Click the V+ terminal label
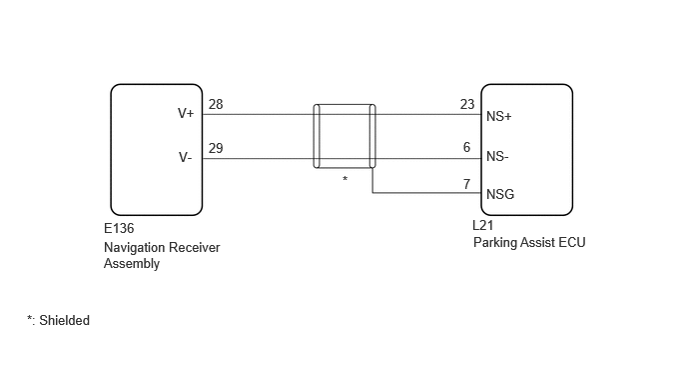coord(186,113)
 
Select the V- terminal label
coord(186,157)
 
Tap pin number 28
coord(216,104)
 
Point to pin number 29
coord(216,148)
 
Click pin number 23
coord(467,104)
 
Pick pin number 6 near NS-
coord(466,147)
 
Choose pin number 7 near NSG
coord(467,184)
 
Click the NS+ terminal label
coord(499,117)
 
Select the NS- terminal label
coord(497,157)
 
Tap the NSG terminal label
coord(500,194)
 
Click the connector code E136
coord(119,229)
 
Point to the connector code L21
coord(483,225)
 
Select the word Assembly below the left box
coord(132,264)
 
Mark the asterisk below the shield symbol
coord(345,179)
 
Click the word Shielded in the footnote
coord(64,320)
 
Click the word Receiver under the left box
coord(195,248)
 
